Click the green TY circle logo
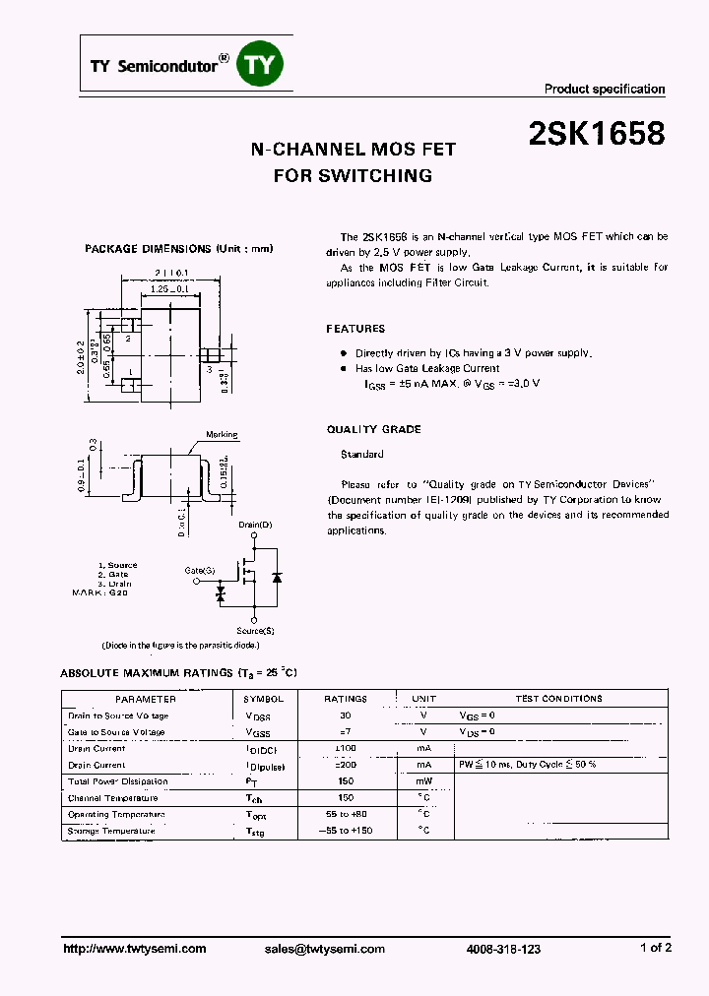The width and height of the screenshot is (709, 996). click(x=263, y=65)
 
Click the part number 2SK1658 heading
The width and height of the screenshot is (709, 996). click(x=596, y=135)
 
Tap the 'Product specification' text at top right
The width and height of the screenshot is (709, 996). click(x=605, y=90)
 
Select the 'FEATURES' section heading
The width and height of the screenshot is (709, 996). click(x=355, y=329)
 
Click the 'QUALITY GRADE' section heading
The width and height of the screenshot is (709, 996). click(x=373, y=429)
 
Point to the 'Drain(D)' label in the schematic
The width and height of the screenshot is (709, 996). click(x=255, y=526)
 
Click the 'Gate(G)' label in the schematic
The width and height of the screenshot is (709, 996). click(x=200, y=571)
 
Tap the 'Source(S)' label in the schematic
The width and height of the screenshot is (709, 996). click(x=255, y=630)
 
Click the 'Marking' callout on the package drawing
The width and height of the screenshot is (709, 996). click(x=222, y=435)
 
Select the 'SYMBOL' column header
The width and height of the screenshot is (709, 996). click(x=263, y=699)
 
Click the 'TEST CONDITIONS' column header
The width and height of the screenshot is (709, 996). click(x=558, y=699)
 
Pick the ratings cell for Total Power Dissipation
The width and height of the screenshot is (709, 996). click(x=345, y=781)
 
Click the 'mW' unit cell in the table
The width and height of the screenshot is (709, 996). click(x=423, y=781)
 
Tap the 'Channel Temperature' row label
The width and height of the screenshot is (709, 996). click(x=111, y=798)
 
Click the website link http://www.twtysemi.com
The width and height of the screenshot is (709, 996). click(x=134, y=949)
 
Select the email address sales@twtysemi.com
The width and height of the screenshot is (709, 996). click(x=324, y=949)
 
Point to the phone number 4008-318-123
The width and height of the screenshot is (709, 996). click(x=503, y=949)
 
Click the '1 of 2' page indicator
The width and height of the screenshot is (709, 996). click(x=655, y=948)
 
